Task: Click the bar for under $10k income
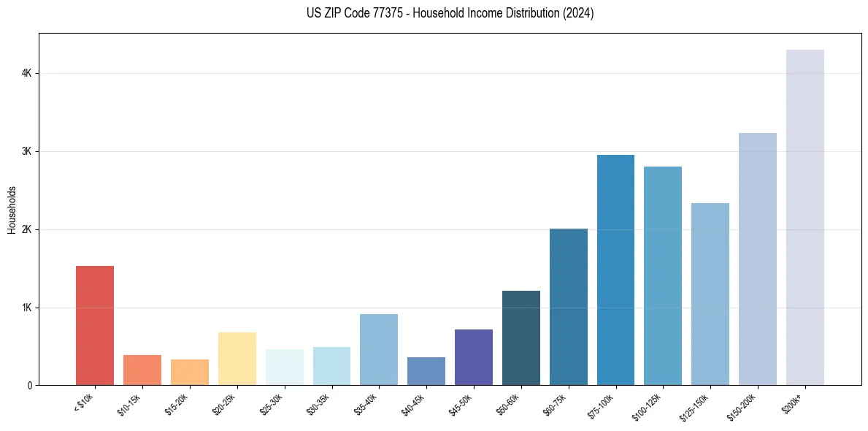pyautogui.click(x=95, y=325)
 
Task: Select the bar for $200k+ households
pyautogui.click(x=804, y=217)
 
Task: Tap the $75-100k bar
pyautogui.click(x=615, y=270)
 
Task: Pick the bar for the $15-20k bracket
pyautogui.click(x=190, y=372)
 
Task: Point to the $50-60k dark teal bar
pyautogui.click(x=521, y=337)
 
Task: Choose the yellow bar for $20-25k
pyautogui.click(x=237, y=359)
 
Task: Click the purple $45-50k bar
pyautogui.click(x=474, y=357)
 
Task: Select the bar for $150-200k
pyautogui.click(x=758, y=259)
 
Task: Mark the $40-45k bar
pyautogui.click(x=426, y=371)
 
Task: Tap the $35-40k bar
pyautogui.click(x=379, y=349)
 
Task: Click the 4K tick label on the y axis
pyautogui.click(x=26, y=74)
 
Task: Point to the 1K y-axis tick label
pyautogui.click(x=26, y=308)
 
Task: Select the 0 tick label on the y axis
pyautogui.click(x=29, y=386)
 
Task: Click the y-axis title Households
pyautogui.click(x=12, y=210)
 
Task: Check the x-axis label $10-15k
pyautogui.click(x=131, y=403)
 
